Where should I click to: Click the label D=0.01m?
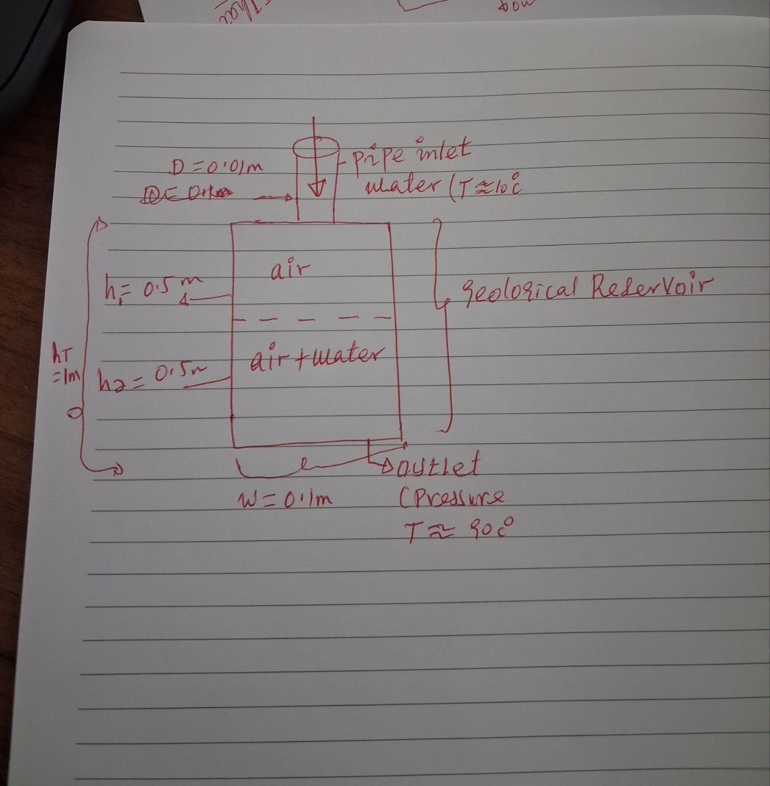click(216, 166)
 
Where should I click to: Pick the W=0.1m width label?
click(284, 499)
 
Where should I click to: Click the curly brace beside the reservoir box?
click(443, 319)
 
